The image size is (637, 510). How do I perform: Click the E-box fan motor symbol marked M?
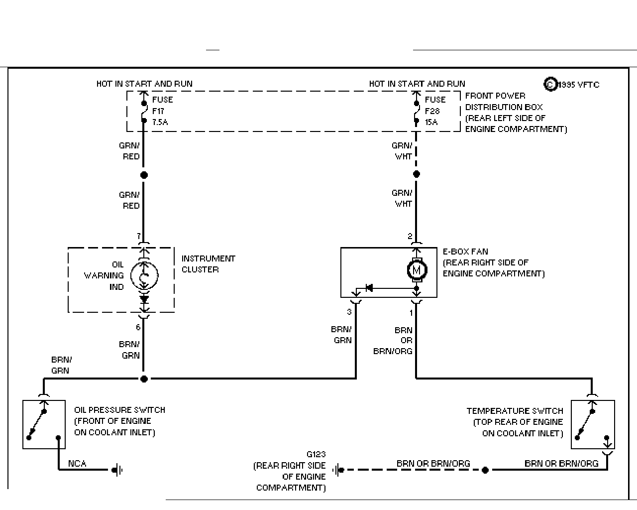[417, 270]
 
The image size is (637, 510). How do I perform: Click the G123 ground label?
[316, 454]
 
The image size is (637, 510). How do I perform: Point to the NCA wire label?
[77, 464]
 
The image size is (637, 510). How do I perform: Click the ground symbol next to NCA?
[117, 470]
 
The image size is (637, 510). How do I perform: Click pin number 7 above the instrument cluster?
[138, 236]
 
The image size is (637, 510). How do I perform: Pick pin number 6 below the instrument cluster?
[138, 327]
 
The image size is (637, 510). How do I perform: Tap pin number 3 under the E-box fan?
[349, 312]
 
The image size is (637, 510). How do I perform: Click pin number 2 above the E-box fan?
[410, 236]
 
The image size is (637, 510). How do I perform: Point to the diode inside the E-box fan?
[369, 287]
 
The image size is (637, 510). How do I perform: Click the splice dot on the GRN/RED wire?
[144, 175]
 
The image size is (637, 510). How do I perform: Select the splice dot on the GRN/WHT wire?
[417, 174]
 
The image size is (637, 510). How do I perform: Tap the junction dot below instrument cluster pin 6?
[144, 379]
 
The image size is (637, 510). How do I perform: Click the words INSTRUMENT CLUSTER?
[209, 264]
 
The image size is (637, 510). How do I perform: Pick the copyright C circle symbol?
[550, 85]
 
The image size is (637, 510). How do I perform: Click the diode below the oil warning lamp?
[144, 299]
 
